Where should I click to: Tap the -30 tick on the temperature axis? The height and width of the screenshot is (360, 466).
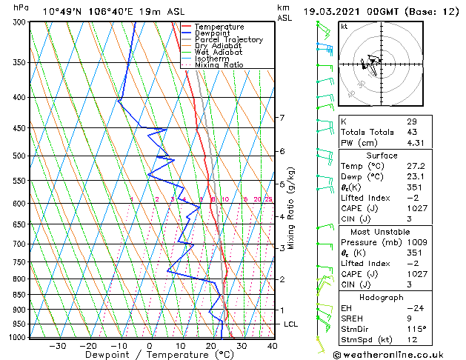coord(58,345)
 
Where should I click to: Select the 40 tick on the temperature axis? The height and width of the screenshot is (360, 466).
coord(272,345)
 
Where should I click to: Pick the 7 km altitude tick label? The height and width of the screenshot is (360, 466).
coord(282,118)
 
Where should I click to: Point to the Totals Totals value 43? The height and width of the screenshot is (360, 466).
coord(412,133)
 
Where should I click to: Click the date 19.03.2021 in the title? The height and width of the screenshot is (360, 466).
coord(333,12)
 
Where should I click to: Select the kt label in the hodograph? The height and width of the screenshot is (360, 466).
coord(344,27)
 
